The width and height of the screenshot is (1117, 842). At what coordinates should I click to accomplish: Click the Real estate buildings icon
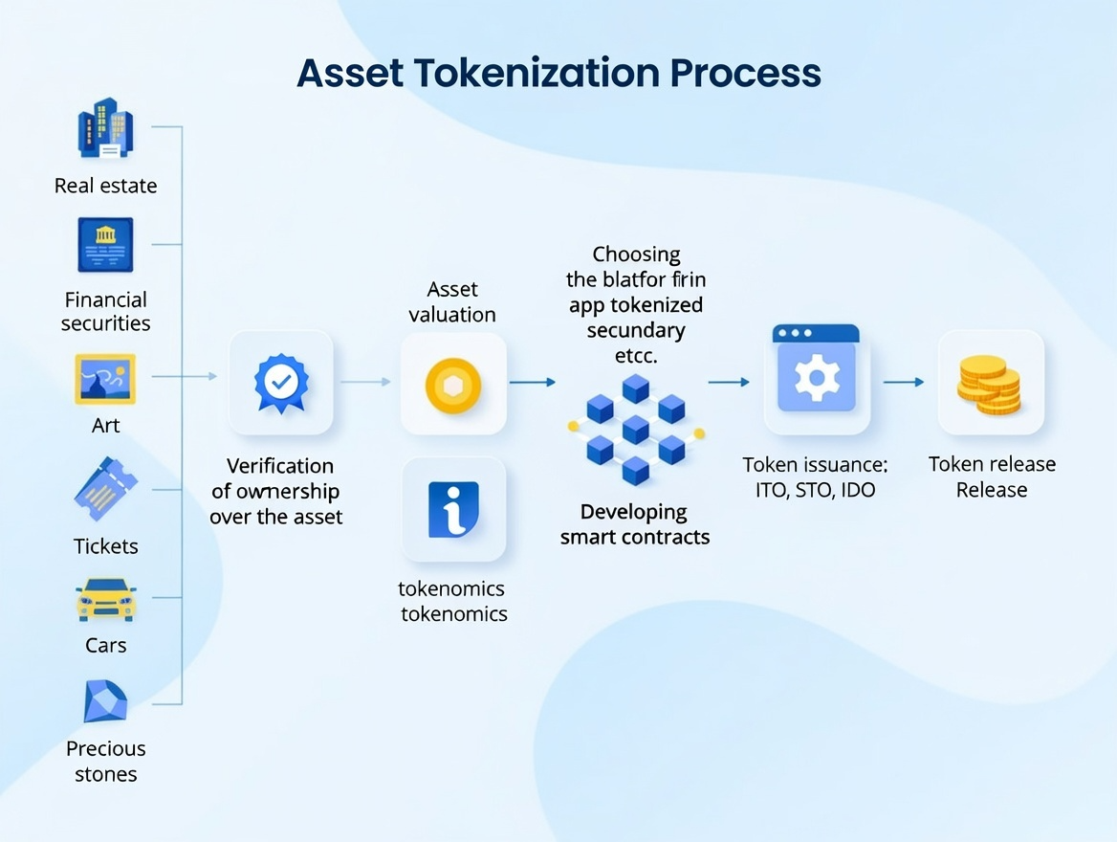coord(105,128)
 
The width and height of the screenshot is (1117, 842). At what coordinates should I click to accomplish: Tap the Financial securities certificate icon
coord(105,244)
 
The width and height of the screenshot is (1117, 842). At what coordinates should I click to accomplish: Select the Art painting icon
coord(105,379)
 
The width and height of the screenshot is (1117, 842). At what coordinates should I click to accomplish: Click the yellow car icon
coord(105,599)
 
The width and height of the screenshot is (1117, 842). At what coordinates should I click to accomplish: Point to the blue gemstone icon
coord(105,702)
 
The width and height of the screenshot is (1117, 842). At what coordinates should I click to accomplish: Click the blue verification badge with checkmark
coord(280,382)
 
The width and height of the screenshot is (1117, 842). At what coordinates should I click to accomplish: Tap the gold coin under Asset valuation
coord(452,385)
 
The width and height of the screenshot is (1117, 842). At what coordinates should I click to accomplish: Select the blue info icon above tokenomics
coord(453,508)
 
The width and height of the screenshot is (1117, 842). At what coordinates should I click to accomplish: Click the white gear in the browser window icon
coord(816,379)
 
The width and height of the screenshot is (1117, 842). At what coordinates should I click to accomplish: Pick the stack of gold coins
coord(990,385)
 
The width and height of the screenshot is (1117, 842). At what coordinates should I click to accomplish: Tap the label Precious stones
coord(105,762)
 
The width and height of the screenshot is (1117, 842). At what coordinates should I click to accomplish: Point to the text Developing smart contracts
coord(634,524)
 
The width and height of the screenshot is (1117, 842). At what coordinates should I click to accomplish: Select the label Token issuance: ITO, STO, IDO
coord(815,476)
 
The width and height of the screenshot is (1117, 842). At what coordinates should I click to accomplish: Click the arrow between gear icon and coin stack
coord(904,382)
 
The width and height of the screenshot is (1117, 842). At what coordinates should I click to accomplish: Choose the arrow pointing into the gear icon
coord(729,382)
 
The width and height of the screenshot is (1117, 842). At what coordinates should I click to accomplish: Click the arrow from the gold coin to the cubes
coord(532,382)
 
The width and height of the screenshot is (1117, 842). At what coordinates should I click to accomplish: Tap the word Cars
coord(105,645)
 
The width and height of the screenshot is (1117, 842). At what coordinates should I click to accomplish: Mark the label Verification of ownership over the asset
coord(276,491)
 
